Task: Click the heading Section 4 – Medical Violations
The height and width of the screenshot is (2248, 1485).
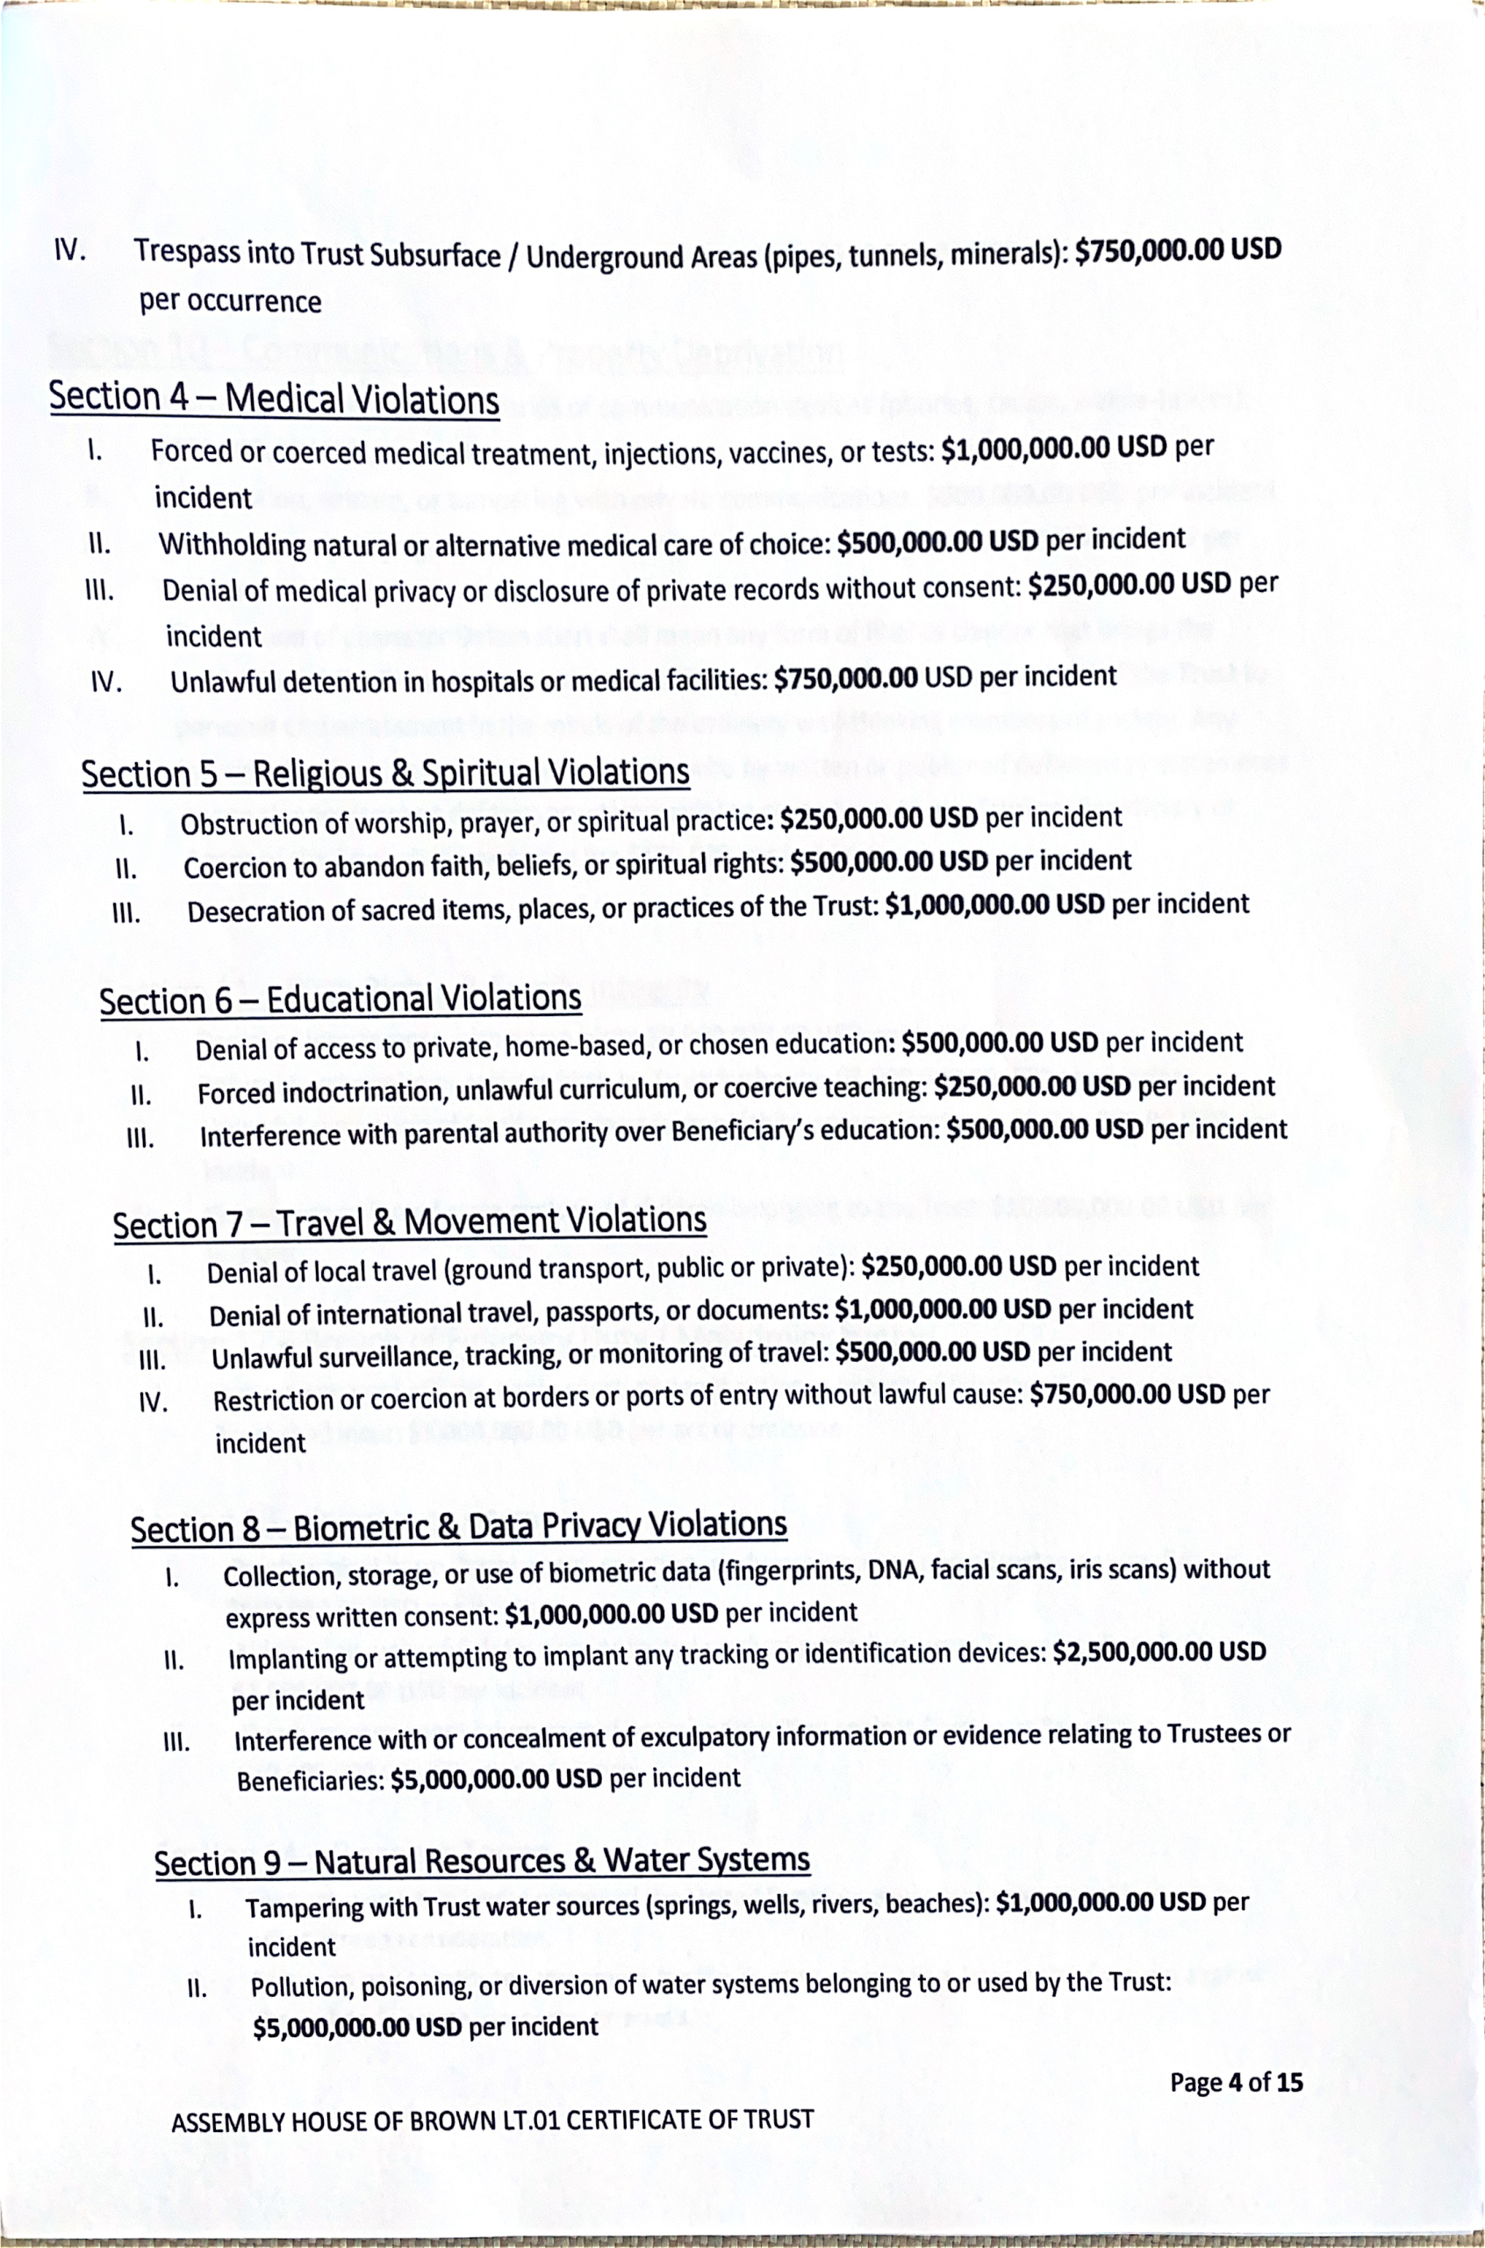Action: (x=274, y=398)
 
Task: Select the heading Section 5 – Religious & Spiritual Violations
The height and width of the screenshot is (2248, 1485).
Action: (x=384, y=773)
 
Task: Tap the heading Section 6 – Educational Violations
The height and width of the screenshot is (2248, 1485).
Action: (x=340, y=999)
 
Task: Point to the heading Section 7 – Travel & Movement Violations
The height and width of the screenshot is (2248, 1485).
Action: (x=409, y=1222)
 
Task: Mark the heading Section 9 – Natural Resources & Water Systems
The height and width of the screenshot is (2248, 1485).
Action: (x=481, y=1861)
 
